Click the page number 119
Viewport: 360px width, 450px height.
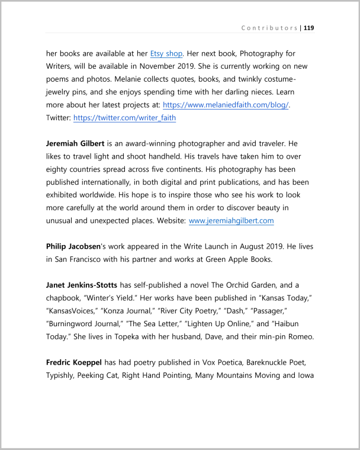308,28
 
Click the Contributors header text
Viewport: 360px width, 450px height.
269,28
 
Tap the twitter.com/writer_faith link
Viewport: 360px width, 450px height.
124,118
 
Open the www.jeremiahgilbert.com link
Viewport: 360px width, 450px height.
231,220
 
